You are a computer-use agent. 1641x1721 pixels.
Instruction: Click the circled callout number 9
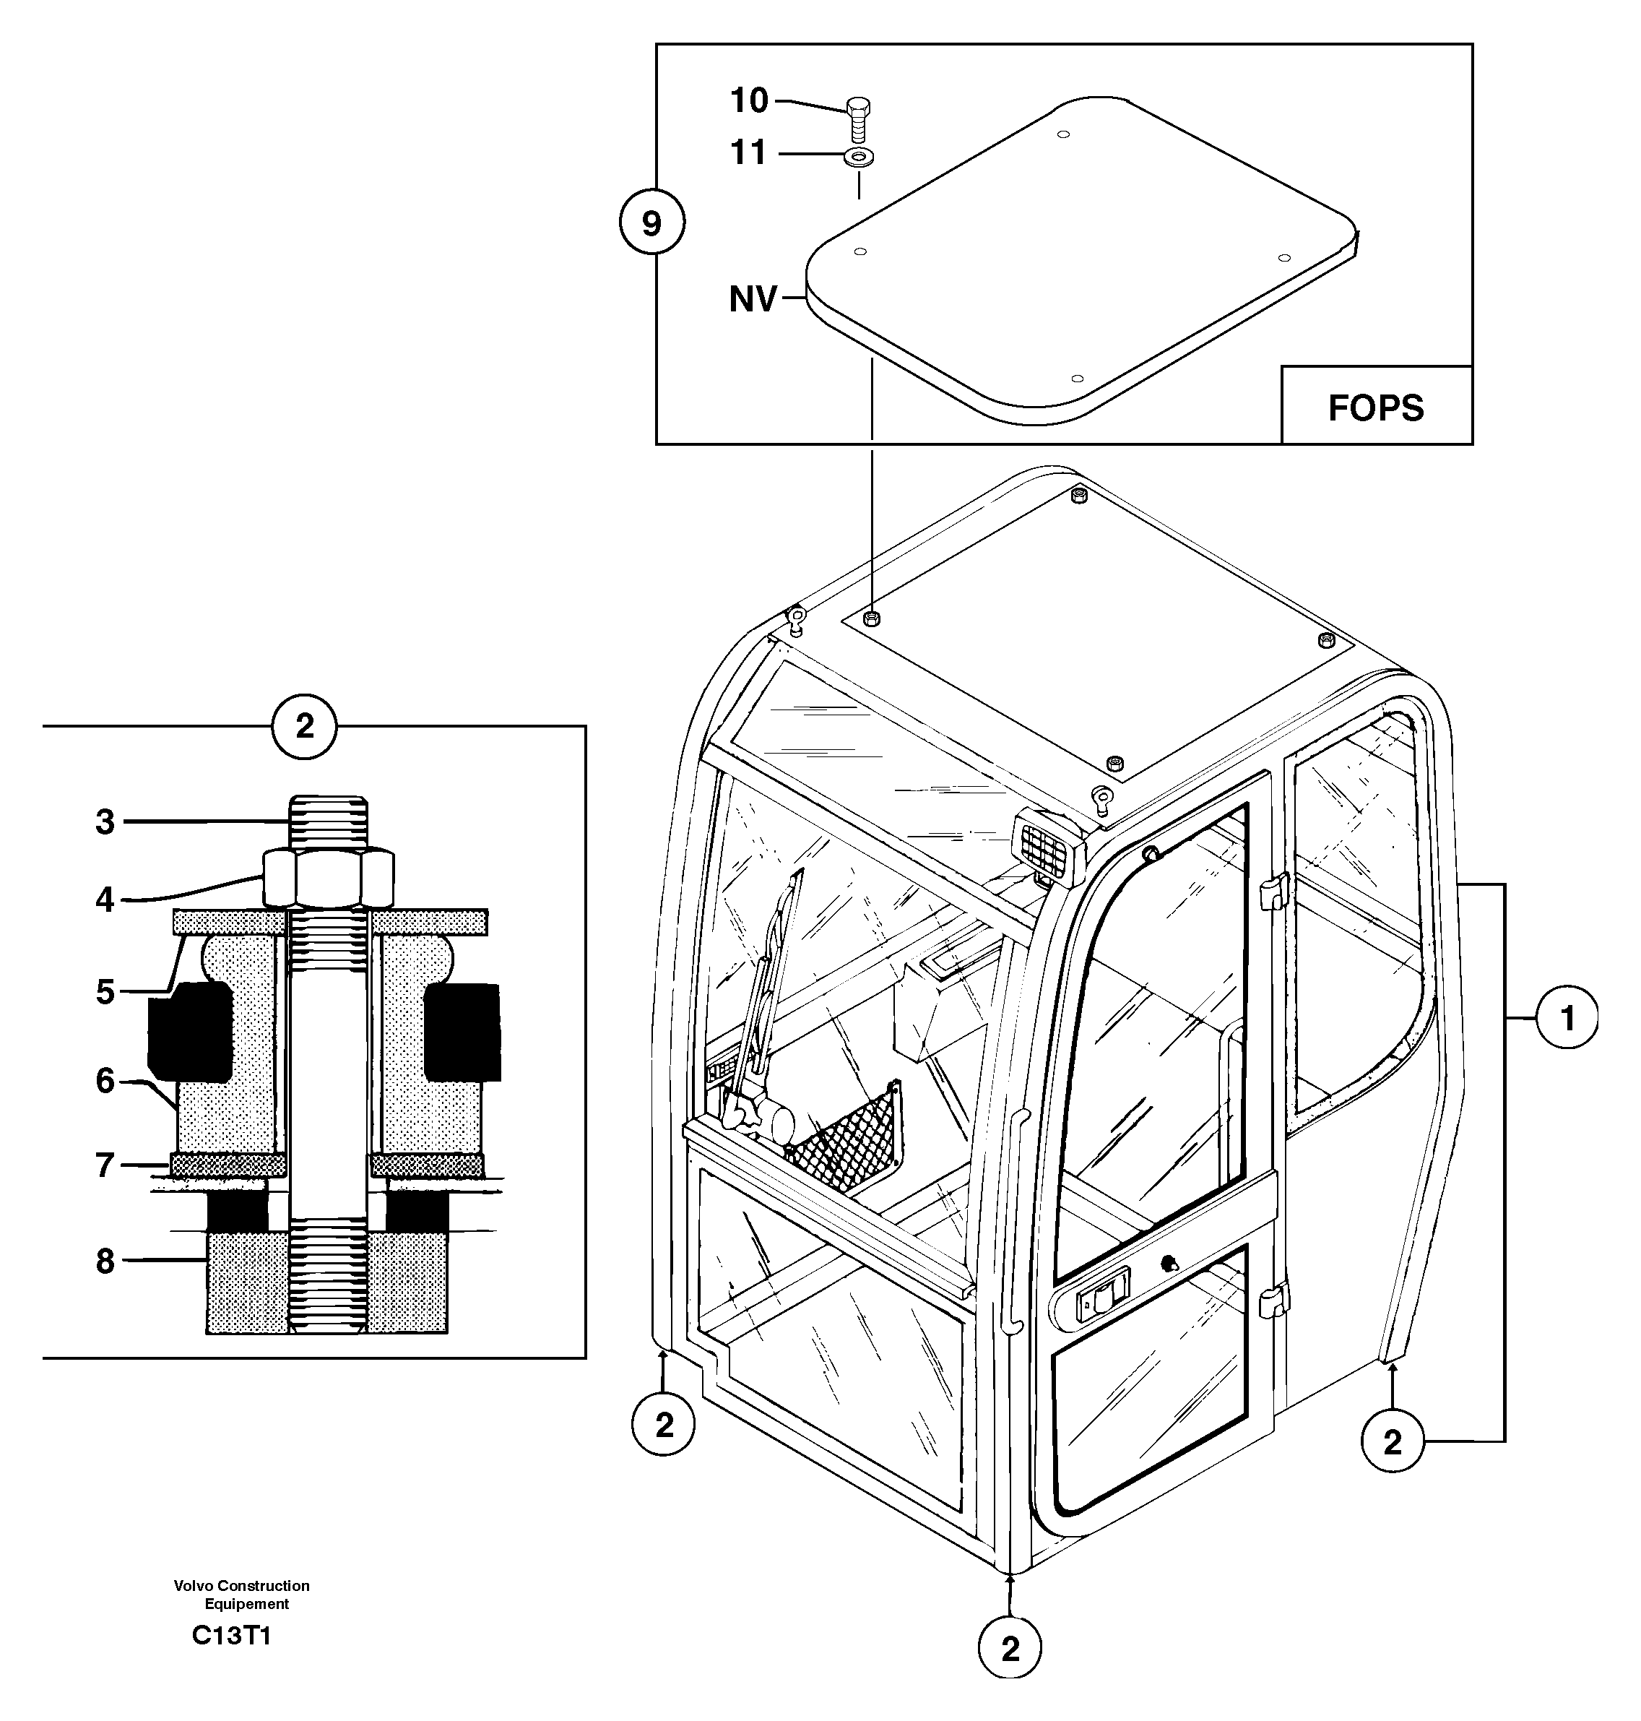coord(651,224)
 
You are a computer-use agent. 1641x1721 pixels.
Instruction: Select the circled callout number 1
coord(1567,1019)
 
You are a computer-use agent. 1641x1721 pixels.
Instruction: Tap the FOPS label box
coord(1376,407)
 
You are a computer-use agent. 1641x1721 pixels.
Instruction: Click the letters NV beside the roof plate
coord(753,300)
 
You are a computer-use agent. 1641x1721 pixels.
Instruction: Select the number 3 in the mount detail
coord(105,822)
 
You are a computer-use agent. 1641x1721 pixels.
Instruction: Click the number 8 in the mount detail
coord(105,1261)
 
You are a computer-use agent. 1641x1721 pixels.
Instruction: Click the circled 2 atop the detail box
coord(304,726)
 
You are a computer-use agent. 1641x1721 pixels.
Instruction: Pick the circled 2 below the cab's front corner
coord(1010,1649)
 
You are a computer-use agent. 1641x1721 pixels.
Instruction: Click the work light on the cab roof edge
coord(1048,846)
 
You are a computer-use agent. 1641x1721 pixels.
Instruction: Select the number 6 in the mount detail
coord(105,1082)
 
